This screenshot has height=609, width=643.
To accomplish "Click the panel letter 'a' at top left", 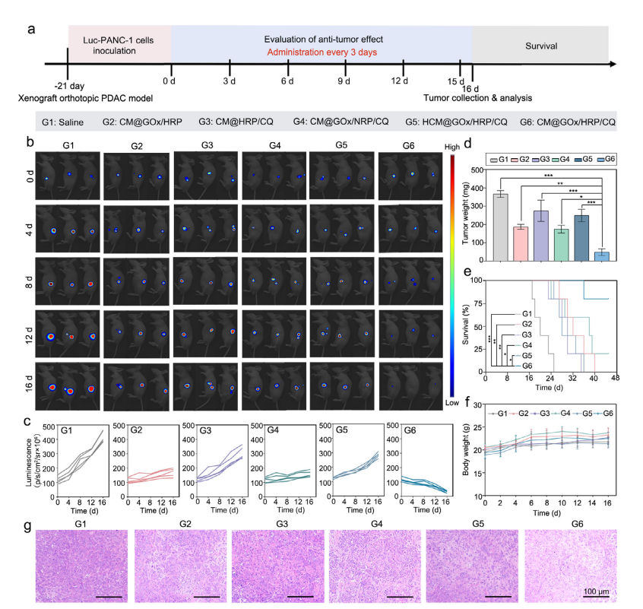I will [x=31, y=30].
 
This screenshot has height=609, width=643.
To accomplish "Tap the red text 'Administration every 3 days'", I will [x=322, y=52].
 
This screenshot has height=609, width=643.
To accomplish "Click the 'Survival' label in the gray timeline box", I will [x=540, y=46].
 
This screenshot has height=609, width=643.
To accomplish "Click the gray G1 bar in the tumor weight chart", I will [x=499, y=227].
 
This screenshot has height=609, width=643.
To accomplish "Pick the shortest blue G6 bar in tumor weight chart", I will [x=601, y=255].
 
